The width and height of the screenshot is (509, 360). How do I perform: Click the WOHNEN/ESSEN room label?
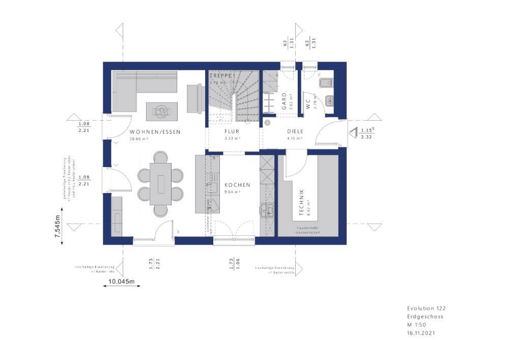coord(155,131)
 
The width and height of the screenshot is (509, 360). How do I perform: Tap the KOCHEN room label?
coord(237,185)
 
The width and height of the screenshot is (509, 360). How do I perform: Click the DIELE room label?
coord(295,131)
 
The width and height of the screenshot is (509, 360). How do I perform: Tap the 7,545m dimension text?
coord(59,223)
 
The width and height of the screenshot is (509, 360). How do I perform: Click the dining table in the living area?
coord(161,183)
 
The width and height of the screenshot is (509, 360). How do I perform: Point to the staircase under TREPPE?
coord(233,99)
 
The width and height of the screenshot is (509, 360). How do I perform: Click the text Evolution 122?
coord(426,308)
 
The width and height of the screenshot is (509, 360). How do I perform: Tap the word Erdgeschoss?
coord(425,316)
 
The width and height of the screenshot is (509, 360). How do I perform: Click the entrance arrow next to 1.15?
coord(353,133)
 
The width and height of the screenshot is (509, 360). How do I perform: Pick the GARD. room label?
coord(284,101)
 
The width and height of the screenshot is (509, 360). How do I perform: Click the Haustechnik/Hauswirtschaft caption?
coord(307,230)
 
